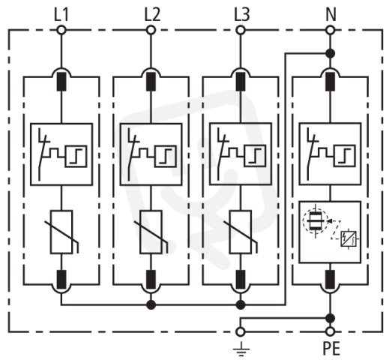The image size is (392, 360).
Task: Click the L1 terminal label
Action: click(x=61, y=15)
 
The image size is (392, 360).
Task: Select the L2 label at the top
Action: click(x=152, y=15)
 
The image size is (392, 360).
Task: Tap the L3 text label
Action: click(x=242, y=15)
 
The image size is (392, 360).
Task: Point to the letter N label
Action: click(x=331, y=15)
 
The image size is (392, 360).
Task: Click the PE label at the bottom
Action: click(x=331, y=349)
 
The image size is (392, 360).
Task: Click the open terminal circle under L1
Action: click(x=61, y=30)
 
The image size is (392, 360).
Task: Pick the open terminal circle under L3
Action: click(x=241, y=30)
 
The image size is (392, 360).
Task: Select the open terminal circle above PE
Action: click(x=331, y=331)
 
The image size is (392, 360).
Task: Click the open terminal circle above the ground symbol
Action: click(x=241, y=331)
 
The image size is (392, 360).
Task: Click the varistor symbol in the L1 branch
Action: click(x=61, y=232)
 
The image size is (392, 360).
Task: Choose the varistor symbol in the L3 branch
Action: click(x=241, y=232)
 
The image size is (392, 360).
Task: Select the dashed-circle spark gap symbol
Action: click(x=315, y=221)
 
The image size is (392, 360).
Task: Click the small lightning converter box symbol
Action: click(x=349, y=239)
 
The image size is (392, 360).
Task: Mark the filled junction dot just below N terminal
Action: click(x=331, y=53)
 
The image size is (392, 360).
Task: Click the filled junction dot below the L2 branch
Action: click(x=151, y=304)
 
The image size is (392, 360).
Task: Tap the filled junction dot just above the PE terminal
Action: click(x=331, y=318)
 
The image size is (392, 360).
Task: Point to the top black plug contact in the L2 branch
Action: click(x=151, y=82)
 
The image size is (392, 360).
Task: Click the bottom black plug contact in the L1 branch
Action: click(x=61, y=280)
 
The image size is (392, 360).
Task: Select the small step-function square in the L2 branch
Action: click(x=166, y=156)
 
